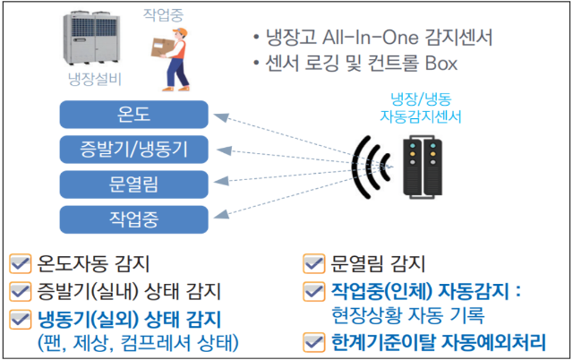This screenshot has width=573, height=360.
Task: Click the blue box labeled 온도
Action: click(x=133, y=115)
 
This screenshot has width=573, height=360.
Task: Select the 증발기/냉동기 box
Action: click(x=133, y=150)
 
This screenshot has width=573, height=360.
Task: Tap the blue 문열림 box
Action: click(x=133, y=184)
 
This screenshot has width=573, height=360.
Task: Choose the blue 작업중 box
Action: click(x=133, y=219)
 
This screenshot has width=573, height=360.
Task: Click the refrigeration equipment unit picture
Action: click(x=91, y=38)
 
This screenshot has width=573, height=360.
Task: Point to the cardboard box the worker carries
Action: click(x=163, y=47)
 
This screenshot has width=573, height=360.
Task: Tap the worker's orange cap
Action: click(x=181, y=32)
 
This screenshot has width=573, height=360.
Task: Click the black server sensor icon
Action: click(x=423, y=167)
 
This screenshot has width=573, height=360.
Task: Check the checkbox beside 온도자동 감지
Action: click(x=20, y=263)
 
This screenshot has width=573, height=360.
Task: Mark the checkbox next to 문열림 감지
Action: click(x=314, y=263)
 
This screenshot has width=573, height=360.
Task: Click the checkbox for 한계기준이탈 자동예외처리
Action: click(x=314, y=342)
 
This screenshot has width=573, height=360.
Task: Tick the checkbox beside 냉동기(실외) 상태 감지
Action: click(x=20, y=320)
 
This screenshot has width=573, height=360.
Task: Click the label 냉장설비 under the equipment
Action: click(x=95, y=79)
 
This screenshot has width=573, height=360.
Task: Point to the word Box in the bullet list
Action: click(x=441, y=64)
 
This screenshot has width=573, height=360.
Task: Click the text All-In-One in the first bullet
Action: click(x=370, y=38)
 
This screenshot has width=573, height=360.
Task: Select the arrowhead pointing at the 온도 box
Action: click(x=221, y=117)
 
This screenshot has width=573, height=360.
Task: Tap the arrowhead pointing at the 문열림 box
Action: click(x=221, y=181)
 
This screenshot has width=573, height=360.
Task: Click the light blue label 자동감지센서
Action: click(x=421, y=116)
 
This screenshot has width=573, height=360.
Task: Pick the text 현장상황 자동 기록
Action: click(x=408, y=315)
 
